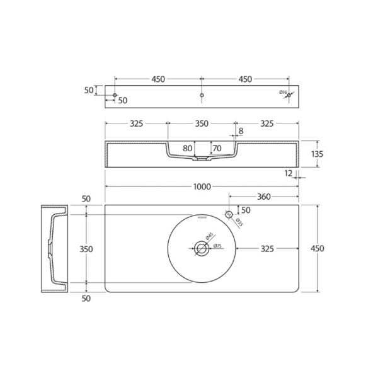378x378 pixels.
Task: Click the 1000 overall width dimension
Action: [201, 187]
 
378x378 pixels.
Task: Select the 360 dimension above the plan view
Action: [264, 197]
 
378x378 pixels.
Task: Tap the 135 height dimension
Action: [318, 154]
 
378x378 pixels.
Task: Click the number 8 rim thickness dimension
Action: [241, 132]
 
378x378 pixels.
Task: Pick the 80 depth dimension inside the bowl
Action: [187, 149]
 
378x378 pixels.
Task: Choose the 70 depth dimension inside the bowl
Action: [217, 149]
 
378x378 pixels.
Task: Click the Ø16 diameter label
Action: [283, 93]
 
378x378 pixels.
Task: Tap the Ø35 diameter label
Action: [239, 221]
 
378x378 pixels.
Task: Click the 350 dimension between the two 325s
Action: [201, 124]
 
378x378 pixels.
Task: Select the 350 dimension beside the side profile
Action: [86, 249]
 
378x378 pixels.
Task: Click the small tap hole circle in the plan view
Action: [228, 215]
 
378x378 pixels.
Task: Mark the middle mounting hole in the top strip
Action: [201, 95]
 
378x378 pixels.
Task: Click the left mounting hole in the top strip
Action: [115, 95]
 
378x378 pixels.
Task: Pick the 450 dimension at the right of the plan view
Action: [318, 248]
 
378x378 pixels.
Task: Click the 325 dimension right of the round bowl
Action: [267, 249]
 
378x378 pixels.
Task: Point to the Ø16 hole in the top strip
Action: [289, 95]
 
